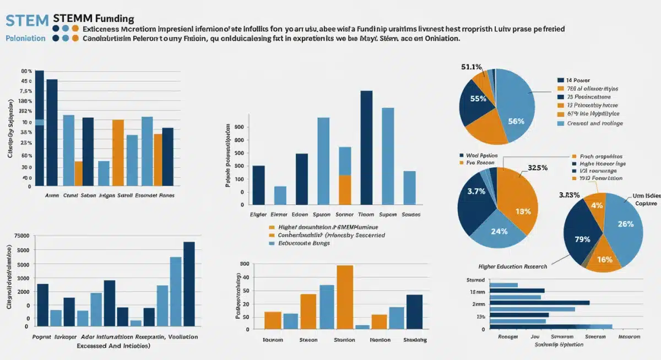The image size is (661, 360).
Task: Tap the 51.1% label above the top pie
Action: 472,67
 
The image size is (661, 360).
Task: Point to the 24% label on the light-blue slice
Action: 499,231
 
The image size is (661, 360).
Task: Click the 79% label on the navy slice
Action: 582,239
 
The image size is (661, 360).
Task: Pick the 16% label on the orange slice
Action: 604,259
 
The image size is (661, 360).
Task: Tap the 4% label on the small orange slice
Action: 597,205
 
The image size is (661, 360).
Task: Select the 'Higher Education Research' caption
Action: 513,266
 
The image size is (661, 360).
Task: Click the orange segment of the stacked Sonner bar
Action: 345,190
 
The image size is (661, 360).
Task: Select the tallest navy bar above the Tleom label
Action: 367,148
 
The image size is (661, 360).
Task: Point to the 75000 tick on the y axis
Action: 21,236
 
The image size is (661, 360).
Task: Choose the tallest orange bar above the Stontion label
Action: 345,297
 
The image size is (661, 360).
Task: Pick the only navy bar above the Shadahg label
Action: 414,312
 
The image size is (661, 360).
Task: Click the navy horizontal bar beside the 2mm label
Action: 539,303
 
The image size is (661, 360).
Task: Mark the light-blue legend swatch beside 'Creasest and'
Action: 561,124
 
